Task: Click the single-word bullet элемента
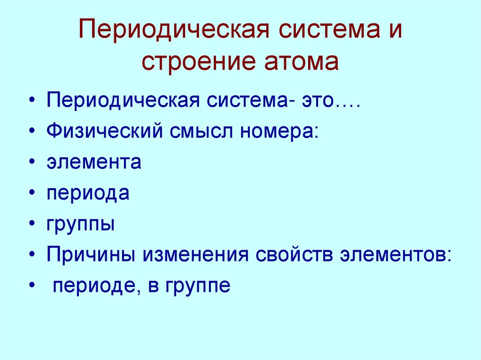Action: [93, 162]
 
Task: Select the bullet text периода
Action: [88, 193]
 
